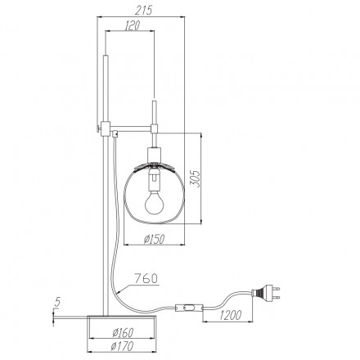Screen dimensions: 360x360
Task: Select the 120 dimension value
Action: click(x=128, y=26)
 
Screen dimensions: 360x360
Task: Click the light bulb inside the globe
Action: click(x=154, y=197)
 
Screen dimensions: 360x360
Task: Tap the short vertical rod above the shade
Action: click(x=153, y=115)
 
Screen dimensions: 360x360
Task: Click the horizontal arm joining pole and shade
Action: click(x=131, y=128)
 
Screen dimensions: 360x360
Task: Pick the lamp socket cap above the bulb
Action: click(x=154, y=158)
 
